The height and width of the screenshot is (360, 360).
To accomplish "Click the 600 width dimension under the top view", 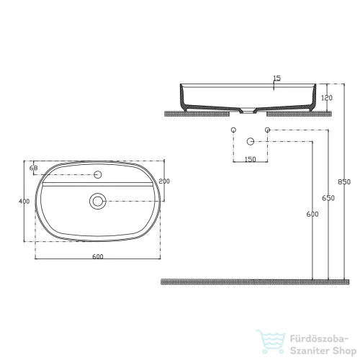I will (x=98, y=257).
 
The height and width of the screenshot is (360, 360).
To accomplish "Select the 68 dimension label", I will (x=33, y=168).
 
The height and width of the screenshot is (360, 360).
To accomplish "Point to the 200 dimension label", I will (x=163, y=181).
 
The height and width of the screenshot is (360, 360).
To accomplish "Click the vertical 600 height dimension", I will (x=312, y=214).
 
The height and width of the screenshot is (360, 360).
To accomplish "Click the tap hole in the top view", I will (x=99, y=174).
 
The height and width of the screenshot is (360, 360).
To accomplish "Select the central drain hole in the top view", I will (x=98, y=201).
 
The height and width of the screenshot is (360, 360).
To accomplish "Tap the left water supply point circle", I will (x=233, y=130).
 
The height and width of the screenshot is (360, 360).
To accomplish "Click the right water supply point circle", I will (x=267, y=130).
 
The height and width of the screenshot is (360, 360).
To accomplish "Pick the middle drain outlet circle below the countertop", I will (x=251, y=140).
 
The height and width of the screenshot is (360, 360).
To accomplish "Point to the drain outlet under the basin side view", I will (x=251, y=112).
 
